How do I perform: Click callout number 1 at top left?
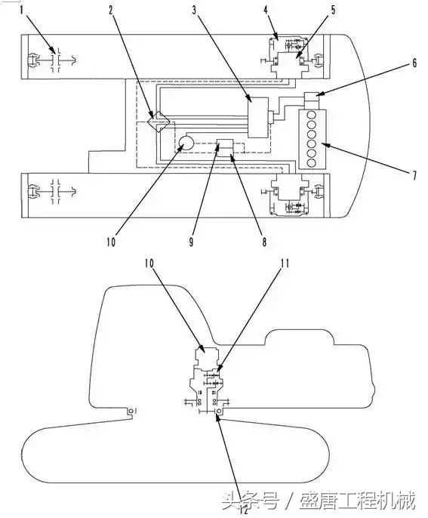22,11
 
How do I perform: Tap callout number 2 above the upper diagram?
111,11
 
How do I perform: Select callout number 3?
194,11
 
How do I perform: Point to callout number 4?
266,10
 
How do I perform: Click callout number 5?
333,10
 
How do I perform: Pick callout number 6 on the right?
414,63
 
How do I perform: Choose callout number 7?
414,175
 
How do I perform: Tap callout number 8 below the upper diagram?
264,242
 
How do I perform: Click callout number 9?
191,242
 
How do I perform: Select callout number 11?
285,264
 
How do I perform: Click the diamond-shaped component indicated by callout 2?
159,122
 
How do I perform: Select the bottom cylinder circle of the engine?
311,162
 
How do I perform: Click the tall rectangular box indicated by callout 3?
258,117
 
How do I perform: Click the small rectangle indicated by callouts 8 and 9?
225,147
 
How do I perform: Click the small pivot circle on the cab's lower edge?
131,411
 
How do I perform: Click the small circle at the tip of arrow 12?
218,411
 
